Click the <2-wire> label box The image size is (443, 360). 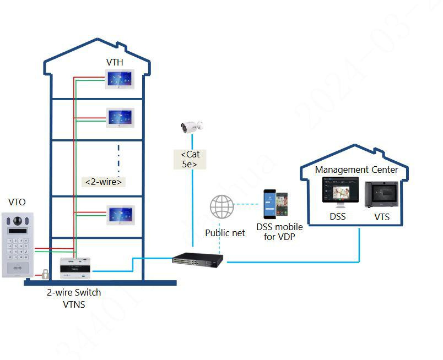pos(104,182)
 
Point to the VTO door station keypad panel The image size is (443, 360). pos(17,244)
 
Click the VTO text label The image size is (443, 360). pos(17,203)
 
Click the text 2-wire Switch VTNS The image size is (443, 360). pos(74,298)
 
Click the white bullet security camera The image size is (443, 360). pos(192,127)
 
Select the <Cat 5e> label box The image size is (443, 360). pos(190,159)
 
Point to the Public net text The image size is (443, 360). pos(225,233)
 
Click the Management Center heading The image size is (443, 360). pos(356,170)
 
